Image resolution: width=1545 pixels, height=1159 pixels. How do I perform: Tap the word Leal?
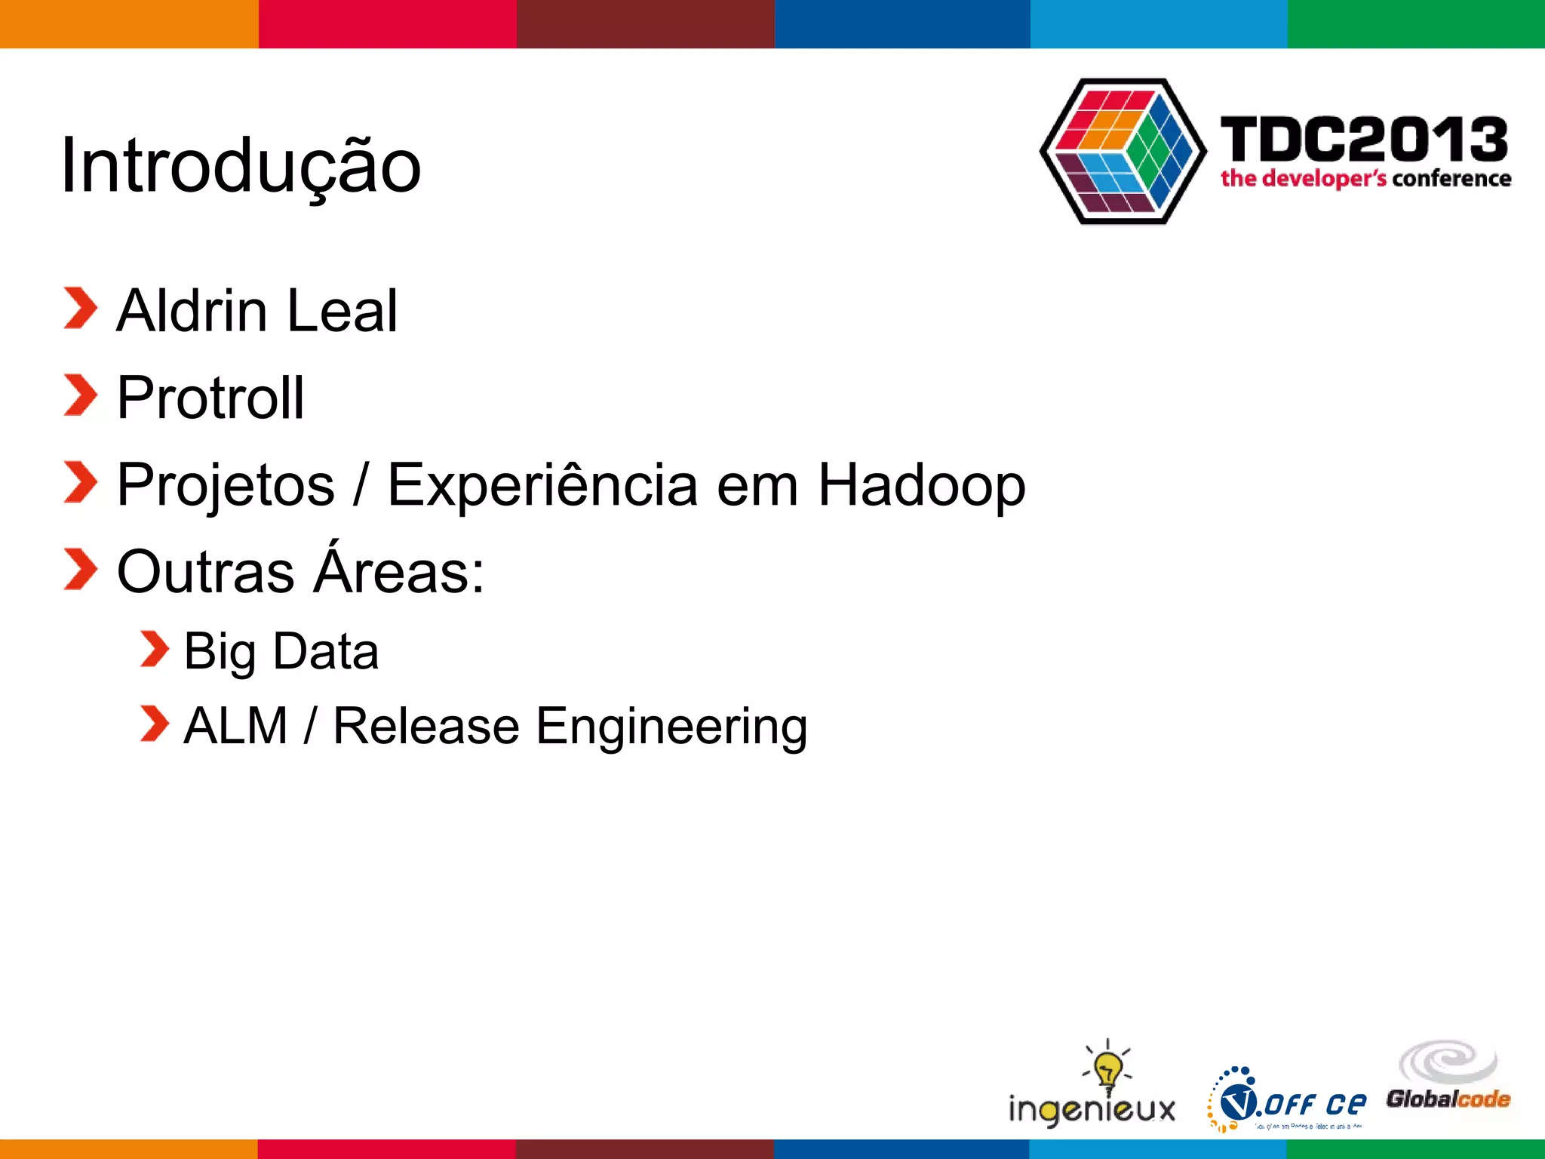(x=342, y=311)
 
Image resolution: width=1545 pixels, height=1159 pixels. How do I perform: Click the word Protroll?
(x=210, y=398)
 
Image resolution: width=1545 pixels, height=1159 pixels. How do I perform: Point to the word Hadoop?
(x=921, y=485)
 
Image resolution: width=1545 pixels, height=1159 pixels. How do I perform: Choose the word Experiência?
(x=542, y=485)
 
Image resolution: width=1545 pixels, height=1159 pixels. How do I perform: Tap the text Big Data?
(x=281, y=651)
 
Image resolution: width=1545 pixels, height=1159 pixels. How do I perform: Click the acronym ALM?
(x=235, y=726)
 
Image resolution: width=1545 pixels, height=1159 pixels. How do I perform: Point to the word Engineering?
(x=671, y=727)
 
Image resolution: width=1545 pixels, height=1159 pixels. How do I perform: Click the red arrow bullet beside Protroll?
(x=80, y=395)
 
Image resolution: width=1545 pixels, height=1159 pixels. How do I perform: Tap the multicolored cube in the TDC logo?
(x=1123, y=151)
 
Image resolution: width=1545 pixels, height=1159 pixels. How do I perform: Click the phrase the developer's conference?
(x=1365, y=179)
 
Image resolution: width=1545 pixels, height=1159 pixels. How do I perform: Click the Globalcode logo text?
(x=1448, y=1099)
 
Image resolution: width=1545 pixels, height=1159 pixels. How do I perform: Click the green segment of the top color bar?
(x=1416, y=23)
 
